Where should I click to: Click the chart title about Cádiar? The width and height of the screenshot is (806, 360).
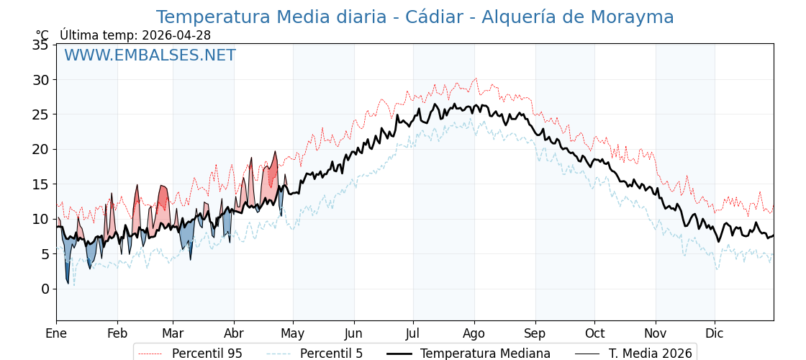(x=415, y=17)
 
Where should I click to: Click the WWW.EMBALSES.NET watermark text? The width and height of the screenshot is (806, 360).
(x=150, y=55)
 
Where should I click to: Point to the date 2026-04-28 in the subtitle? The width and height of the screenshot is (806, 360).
(x=176, y=35)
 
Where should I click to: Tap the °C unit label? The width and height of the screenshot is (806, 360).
(x=42, y=35)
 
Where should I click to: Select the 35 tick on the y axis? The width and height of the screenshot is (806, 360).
(x=40, y=45)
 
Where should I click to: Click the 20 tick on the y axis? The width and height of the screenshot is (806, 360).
(x=40, y=149)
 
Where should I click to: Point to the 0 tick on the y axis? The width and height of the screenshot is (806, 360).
(x=45, y=289)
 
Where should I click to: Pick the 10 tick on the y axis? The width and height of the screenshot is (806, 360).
(x=40, y=219)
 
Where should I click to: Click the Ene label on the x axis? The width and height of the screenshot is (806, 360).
(x=56, y=333)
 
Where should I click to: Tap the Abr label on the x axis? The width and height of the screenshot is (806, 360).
(x=234, y=333)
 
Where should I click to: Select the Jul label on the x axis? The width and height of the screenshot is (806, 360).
(x=413, y=333)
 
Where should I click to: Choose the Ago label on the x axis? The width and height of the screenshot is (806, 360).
(x=474, y=333)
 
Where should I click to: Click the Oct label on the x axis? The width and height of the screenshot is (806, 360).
(x=594, y=333)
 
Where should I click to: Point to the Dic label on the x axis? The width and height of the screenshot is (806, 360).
(x=715, y=333)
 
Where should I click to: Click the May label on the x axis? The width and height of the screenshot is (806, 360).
(x=293, y=333)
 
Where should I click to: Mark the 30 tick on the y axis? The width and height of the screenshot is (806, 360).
(x=40, y=79)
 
